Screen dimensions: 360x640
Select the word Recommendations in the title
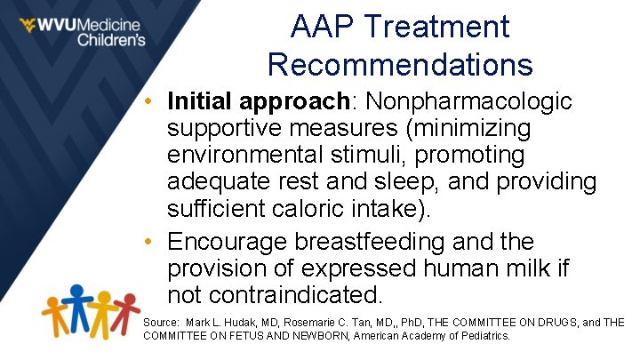point(400,64)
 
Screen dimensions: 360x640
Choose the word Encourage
point(239,241)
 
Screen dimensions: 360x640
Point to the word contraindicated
point(305,294)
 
